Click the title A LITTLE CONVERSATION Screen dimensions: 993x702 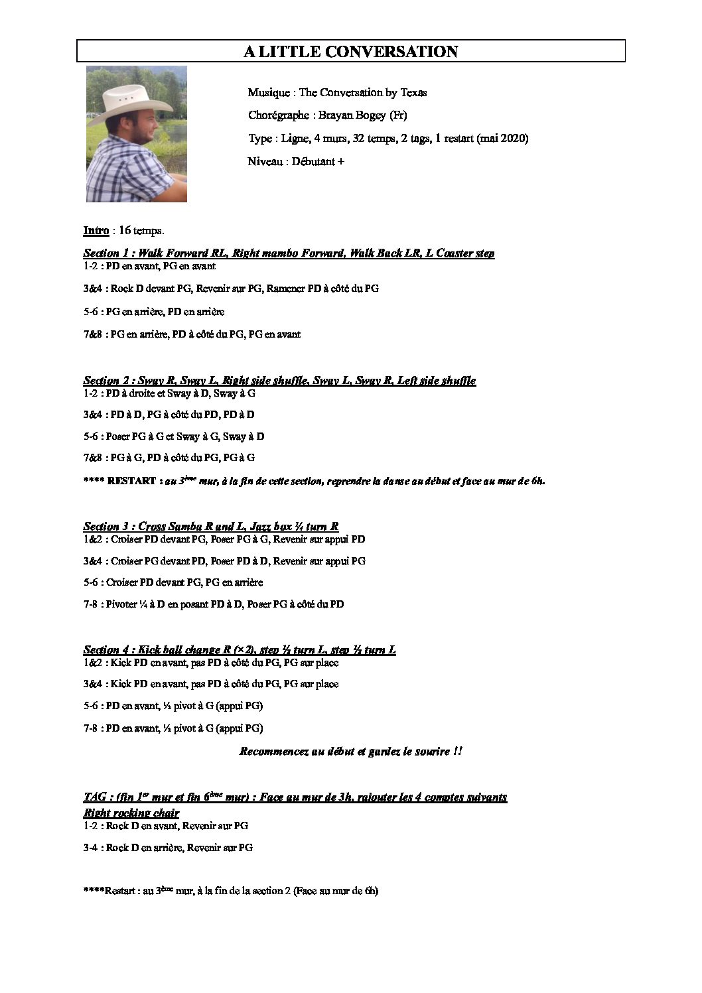[x=350, y=52]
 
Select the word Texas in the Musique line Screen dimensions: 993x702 [x=413, y=92]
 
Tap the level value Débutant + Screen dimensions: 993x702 [x=317, y=161]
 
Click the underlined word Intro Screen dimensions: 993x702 [x=96, y=230]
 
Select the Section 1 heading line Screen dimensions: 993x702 [x=288, y=253]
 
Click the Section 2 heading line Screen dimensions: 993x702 [x=279, y=381]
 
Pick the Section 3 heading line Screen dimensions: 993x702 [x=211, y=527]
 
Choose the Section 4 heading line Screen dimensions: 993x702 [x=240, y=650]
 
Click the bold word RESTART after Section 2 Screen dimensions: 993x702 [x=131, y=481]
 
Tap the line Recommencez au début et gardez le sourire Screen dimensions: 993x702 [x=350, y=752]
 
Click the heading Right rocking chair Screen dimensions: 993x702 [x=131, y=813]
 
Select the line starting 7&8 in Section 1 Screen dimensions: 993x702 [x=192, y=334]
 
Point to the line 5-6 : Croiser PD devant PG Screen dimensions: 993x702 [x=173, y=582]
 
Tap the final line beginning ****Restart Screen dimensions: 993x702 [x=230, y=891]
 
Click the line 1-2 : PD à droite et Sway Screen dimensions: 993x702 [x=169, y=393]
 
